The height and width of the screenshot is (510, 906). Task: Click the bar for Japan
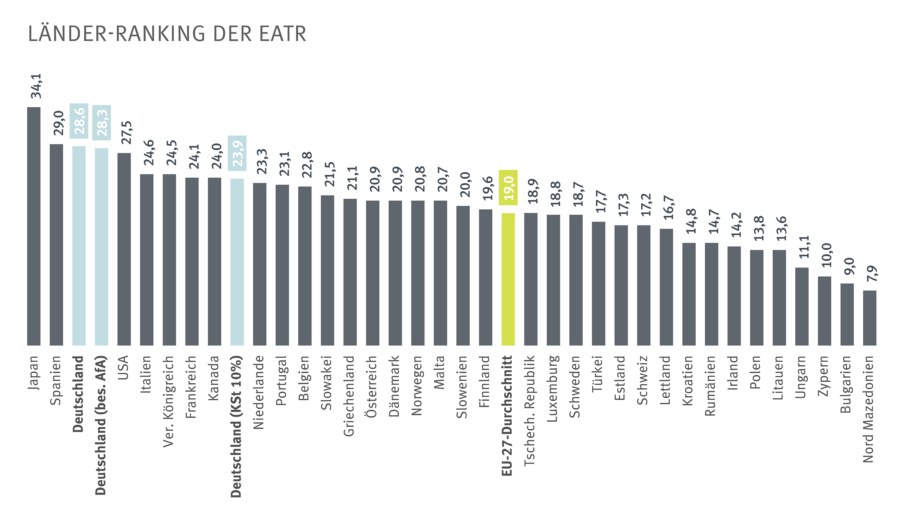tap(34, 226)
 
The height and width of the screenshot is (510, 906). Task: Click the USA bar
tap(124, 249)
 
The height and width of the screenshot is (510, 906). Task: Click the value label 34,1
tap(36, 86)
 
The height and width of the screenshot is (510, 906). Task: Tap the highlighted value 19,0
tap(508, 188)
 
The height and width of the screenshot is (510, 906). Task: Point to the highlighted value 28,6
tap(79, 121)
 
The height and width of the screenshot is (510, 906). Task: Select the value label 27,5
tap(126, 133)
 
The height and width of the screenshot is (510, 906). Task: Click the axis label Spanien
tap(56, 380)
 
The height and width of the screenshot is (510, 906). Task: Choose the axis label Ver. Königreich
tap(169, 401)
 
